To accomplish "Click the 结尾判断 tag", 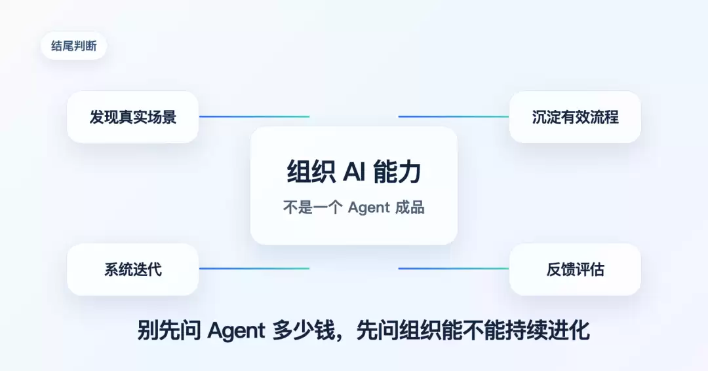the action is coord(74,46).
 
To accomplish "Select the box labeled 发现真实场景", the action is coord(132,117).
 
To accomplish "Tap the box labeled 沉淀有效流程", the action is coord(575,117).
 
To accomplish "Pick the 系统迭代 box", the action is coord(132,270).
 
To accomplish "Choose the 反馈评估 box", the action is coord(575,270).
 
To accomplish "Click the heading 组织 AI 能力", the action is coord(354,172).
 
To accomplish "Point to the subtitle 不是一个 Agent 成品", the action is coord(354,207).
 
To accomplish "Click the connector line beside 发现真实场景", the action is coord(254,116).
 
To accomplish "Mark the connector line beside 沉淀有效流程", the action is coord(454,116).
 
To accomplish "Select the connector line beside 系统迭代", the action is coord(254,269).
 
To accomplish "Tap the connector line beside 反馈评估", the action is coord(454,269).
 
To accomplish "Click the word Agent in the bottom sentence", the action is coord(236,331).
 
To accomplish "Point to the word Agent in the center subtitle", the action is coord(369,208).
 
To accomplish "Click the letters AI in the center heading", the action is coord(354,171).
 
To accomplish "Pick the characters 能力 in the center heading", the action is coord(397,172).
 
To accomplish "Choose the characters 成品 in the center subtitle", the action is coord(410,207).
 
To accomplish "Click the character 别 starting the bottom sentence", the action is coord(148,331).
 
